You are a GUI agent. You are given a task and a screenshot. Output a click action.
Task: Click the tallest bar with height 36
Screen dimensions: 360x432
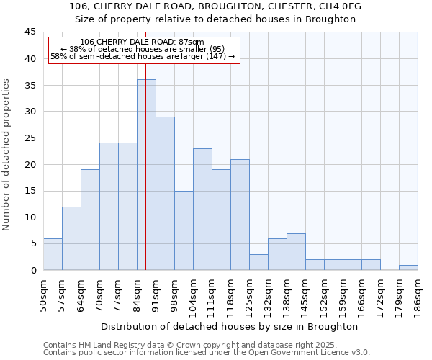coord(146,175)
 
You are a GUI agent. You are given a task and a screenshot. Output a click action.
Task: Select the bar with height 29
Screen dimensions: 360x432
coord(165,193)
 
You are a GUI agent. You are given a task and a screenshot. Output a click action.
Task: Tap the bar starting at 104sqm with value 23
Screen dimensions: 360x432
coord(202,209)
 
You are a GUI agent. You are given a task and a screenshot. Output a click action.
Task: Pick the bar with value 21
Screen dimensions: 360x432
coord(240,215)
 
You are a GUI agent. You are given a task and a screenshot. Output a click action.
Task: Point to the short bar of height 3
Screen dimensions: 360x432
coord(258,262)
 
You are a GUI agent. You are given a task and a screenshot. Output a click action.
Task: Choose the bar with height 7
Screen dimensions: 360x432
coord(296,251)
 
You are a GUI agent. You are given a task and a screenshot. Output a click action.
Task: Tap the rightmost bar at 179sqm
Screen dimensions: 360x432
coord(408,267)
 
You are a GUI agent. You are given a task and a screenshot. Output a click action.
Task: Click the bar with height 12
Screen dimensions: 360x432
coord(71,238)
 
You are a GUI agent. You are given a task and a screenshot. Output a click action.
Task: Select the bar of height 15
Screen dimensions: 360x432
coord(184,230)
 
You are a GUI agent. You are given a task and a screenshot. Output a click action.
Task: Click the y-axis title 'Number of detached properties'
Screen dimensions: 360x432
coord(7,155)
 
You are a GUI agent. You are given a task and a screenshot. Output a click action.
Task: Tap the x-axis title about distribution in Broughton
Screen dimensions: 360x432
coord(230,326)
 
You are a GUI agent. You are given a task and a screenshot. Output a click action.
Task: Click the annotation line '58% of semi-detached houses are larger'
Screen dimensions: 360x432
coord(143,56)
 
